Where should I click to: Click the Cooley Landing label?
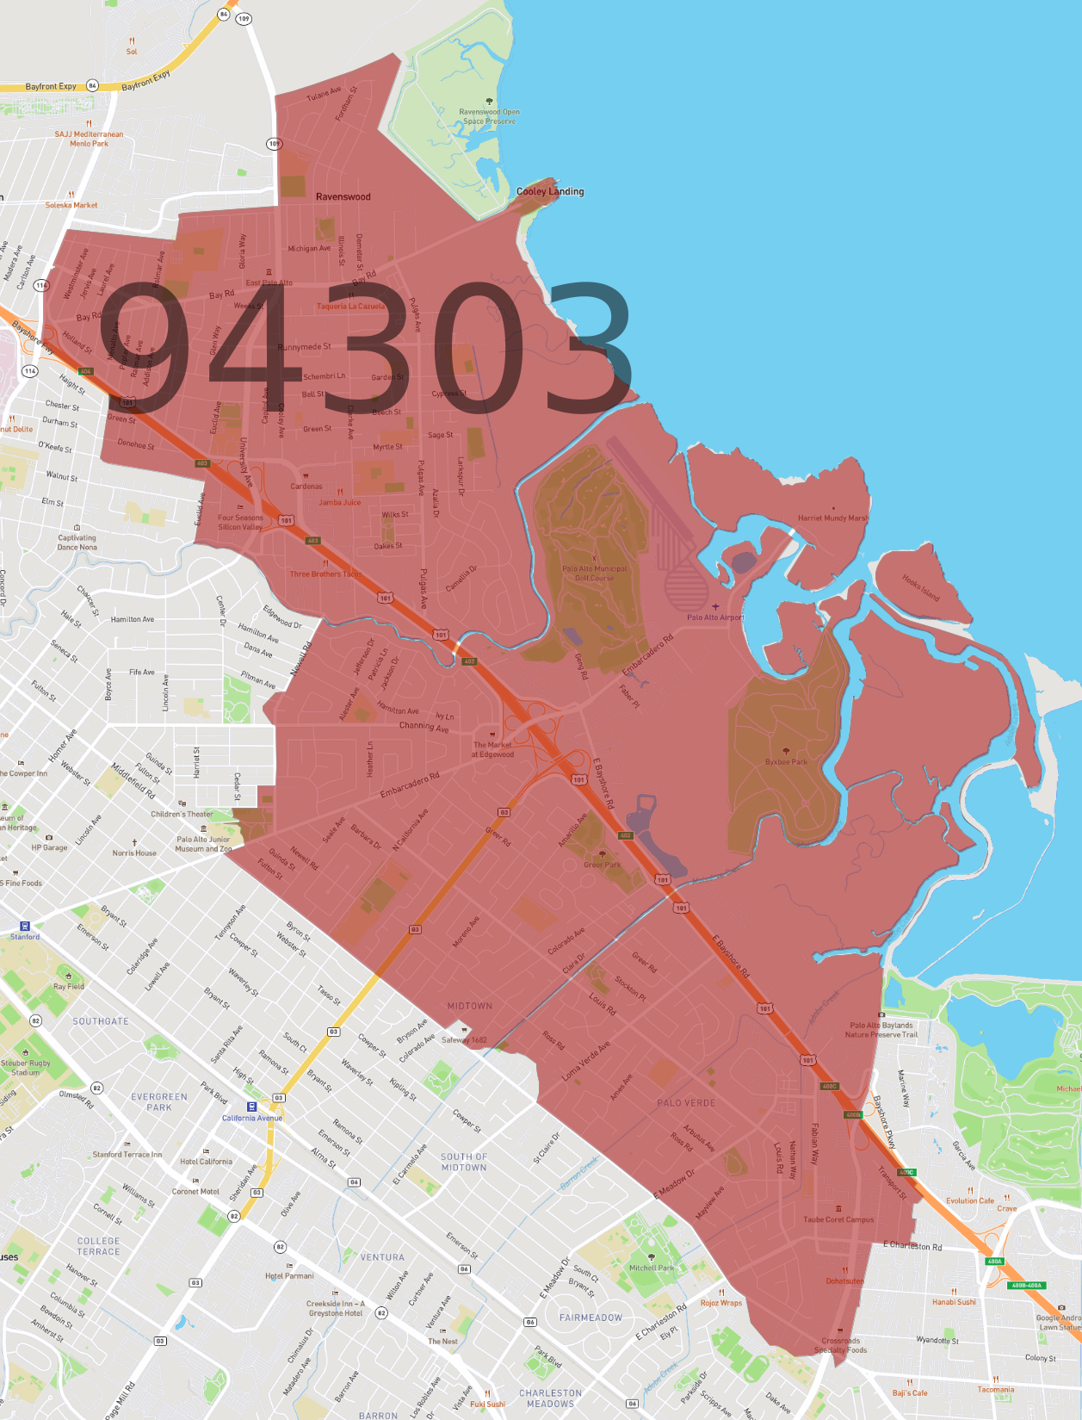[x=550, y=191]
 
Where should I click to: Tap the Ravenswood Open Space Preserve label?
[x=489, y=116]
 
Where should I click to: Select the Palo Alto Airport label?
[x=714, y=617]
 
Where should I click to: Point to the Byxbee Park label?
[x=786, y=762]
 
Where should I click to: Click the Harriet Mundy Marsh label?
[x=832, y=518]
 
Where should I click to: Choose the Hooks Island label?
[x=920, y=587]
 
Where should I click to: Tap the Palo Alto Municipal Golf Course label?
[x=594, y=573]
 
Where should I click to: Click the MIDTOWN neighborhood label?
[x=470, y=1006]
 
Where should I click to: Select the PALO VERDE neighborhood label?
[x=686, y=1103]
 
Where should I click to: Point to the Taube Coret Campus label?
[x=838, y=1219]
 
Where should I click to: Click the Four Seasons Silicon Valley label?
[x=240, y=523]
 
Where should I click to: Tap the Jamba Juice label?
[x=340, y=502]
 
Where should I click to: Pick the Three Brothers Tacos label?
[x=325, y=574]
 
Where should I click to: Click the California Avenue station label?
[x=252, y=1118]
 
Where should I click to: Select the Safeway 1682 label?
[x=464, y=1039]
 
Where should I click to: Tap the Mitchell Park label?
[x=652, y=1268]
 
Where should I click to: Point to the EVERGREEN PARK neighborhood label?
[x=159, y=1102]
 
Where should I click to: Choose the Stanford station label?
[x=25, y=936]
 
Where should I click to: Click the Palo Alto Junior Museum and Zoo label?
[x=203, y=844]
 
